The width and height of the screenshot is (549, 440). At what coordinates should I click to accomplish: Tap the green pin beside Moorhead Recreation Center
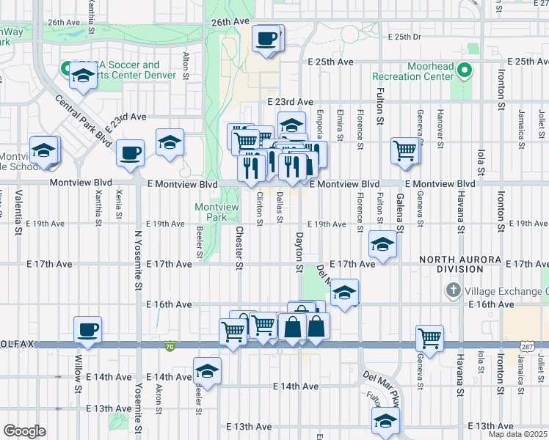tap(464, 70)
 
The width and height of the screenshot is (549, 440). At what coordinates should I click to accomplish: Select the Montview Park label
tap(217, 213)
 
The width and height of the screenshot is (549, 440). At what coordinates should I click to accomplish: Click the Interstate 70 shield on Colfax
tap(170, 345)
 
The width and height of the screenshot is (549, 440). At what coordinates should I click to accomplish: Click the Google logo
tap(24, 430)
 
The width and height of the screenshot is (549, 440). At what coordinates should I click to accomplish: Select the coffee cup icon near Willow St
tap(88, 329)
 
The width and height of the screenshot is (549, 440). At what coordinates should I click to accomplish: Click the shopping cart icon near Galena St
tap(404, 150)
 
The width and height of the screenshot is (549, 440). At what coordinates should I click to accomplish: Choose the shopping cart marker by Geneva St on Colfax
tap(429, 337)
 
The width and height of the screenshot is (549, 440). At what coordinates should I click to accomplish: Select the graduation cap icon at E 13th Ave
tap(385, 420)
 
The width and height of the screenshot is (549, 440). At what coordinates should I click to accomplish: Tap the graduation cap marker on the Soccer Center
tap(82, 74)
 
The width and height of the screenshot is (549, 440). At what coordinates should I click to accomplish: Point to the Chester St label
tap(239, 247)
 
